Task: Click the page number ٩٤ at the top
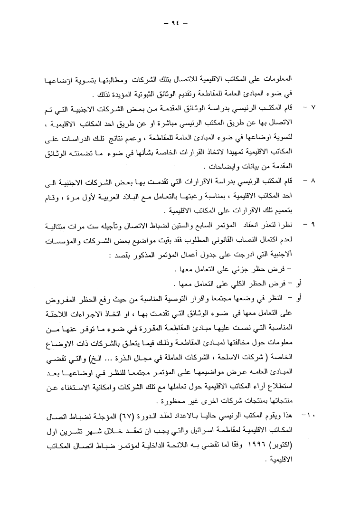click(x=180, y=22)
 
